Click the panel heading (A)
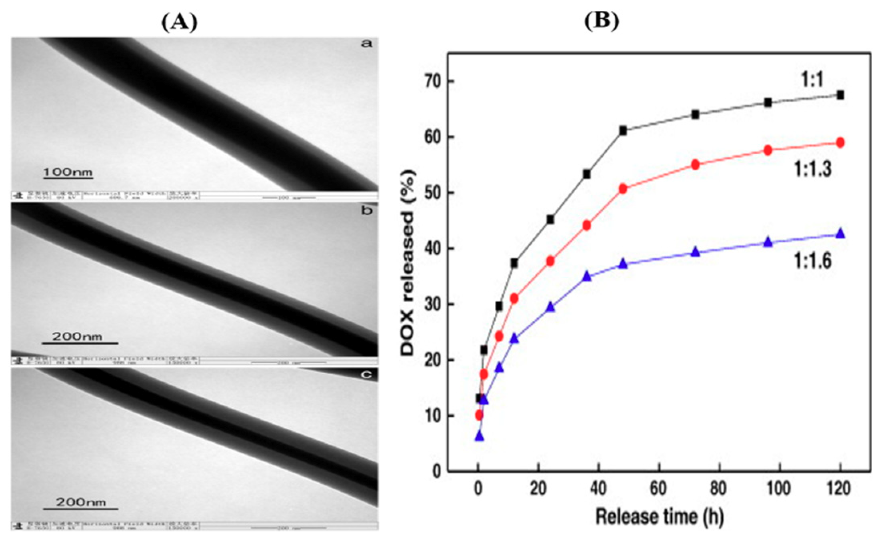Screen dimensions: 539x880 click(180, 22)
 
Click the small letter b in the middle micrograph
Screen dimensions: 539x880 click(366, 210)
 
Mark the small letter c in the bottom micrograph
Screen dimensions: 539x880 click(366, 375)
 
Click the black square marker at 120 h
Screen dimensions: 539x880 click(840, 95)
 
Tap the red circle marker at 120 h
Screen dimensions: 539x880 click(840, 143)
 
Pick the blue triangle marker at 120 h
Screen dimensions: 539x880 click(840, 233)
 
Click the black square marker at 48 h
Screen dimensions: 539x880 click(623, 131)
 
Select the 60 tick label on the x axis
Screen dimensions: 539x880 click(658, 489)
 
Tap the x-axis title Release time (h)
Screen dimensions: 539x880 click(659, 517)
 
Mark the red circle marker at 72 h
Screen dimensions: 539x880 click(695, 165)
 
